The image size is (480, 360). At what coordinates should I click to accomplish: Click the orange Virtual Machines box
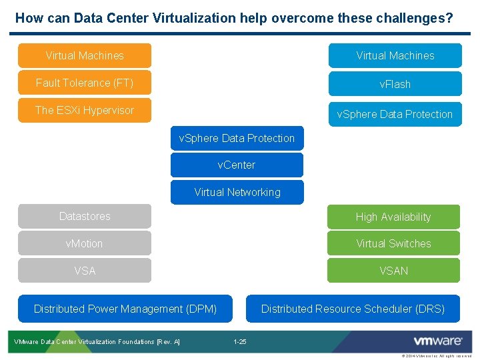(x=85, y=55)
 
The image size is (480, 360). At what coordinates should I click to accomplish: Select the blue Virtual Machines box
(x=395, y=55)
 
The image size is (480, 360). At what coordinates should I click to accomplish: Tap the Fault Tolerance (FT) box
(x=85, y=83)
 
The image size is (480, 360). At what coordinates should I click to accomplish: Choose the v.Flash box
(x=395, y=84)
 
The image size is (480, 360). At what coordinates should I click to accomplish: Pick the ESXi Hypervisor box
(x=85, y=110)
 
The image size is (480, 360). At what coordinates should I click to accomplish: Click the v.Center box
(x=237, y=165)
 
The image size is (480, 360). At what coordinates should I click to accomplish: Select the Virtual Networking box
(x=237, y=192)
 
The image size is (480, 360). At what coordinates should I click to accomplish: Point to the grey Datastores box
(x=85, y=216)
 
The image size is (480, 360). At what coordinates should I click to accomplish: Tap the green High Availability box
(x=393, y=217)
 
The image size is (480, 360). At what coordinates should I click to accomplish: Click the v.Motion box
(x=85, y=243)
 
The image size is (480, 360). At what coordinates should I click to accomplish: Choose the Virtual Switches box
(x=393, y=243)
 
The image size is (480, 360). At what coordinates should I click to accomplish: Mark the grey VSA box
(x=85, y=271)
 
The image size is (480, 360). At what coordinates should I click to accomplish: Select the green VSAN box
(x=393, y=271)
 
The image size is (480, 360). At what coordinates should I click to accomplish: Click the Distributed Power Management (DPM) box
(x=125, y=309)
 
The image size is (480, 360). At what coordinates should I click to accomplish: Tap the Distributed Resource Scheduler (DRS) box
(x=353, y=309)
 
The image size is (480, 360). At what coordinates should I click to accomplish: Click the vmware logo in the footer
(x=438, y=341)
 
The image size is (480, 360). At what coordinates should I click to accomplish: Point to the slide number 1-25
(x=240, y=342)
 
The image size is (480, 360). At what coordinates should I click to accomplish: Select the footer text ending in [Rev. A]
(x=97, y=342)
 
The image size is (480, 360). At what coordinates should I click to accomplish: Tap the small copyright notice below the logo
(x=437, y=356)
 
